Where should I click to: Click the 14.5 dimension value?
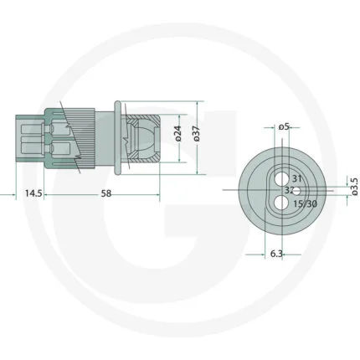(33, 193)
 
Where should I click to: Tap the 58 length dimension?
(106, 193)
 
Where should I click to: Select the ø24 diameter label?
(178, 134)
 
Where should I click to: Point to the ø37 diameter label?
(197, 134)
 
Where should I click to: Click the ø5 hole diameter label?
(283, 127)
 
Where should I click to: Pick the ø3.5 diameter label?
(355, 187)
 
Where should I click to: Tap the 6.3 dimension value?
(276, 254)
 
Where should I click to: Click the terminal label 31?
(297, 178)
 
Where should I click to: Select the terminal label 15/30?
(305, 203)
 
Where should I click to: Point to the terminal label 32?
(289, 190)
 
